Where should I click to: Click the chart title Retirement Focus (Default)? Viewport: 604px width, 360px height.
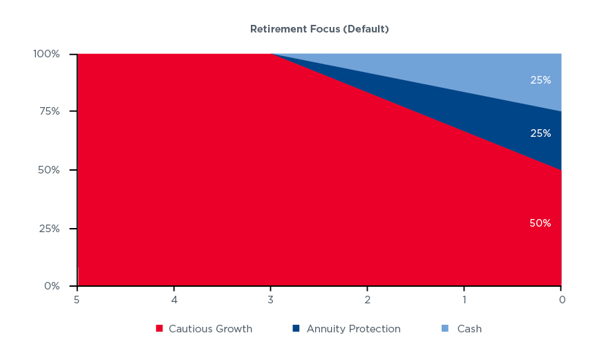(x=319, y=29)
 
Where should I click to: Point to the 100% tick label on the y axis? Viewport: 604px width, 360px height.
(x=46, y=54)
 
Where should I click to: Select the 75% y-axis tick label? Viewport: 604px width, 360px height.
(x=49, y=111)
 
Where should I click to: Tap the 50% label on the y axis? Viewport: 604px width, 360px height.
(x=48, y=170)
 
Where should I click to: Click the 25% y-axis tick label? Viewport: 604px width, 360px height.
(x=49, y=229)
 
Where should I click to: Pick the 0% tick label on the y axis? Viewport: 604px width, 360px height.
(x=52, y=286)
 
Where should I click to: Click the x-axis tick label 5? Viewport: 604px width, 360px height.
(x=77, y=300)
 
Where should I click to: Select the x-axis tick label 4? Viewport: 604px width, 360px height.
(x=174, y=300)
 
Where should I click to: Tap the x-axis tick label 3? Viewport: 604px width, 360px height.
(x=270, y=300)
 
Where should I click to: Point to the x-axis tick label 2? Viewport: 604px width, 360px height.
(x=368, y=300)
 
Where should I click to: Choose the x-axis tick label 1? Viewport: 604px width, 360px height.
(x=464, y=300)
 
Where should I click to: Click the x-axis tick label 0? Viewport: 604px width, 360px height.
(x=562, y=300)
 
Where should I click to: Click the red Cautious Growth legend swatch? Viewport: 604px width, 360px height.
(x=159, y=328)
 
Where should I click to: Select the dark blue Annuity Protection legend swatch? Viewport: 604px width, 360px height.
(x=296, y=328)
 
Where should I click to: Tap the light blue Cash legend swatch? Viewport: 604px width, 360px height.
(x=445, y=328)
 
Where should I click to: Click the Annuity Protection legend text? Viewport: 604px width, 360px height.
(x=354, y=329)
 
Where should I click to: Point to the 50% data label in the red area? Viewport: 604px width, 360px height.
(x=540, y=223)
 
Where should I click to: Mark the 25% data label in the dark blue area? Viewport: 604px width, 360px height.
(x=540, y=133)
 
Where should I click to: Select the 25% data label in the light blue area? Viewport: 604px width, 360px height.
(x=540, y=80)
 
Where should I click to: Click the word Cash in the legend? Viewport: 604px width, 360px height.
(x=469, y=329)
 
